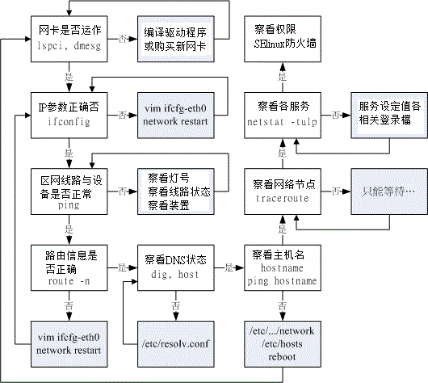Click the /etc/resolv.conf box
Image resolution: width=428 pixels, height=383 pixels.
click(x=174, y=343)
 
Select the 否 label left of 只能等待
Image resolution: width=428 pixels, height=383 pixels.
click(x=334, y=190)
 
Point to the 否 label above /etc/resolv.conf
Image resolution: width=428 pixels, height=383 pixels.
click(x=174, y=305)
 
